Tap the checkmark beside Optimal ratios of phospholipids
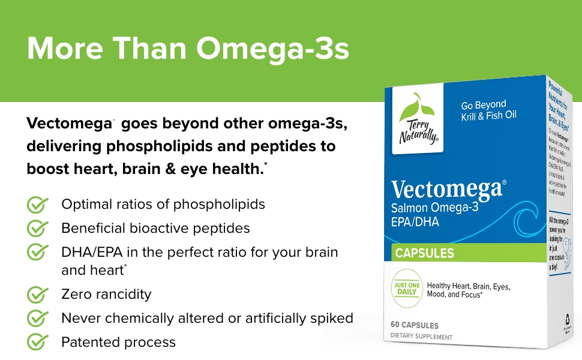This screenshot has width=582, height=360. click(x=38, y=205)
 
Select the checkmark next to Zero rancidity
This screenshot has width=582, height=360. click(x=38, y=295)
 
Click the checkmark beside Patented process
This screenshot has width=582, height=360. click(x=38, y=343)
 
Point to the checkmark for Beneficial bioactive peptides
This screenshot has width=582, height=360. click(x=38, y=229)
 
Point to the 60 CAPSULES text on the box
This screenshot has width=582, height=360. click(x=415, y=325)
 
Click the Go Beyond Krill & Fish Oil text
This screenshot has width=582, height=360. click(x=488, y=110)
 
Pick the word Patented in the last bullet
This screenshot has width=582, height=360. click(x=88, y=343)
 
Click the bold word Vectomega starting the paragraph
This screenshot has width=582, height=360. click(x=69, y=124)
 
